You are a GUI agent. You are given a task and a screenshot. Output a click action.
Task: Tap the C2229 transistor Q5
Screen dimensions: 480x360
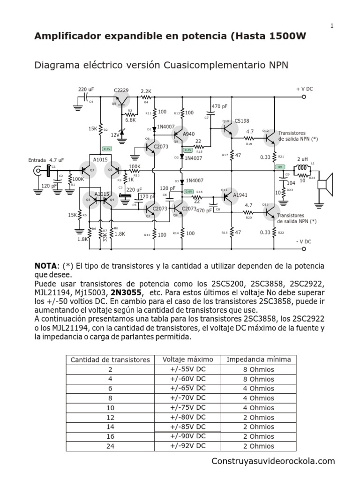pos(123,98)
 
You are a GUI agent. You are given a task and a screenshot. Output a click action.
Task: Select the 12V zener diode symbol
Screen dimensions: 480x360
pos(123,132)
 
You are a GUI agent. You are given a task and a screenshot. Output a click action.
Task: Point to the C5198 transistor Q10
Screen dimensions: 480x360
pos(229,126)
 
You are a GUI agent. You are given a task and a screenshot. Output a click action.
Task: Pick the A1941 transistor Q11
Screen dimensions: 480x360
pos(228,197)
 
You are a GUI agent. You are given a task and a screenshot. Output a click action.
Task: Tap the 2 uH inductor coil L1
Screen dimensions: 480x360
pos(303,167)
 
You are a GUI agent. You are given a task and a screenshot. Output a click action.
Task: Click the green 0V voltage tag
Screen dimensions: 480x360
pos(280,167)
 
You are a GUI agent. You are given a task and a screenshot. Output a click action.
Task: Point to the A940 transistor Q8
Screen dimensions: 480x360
pos(181,135)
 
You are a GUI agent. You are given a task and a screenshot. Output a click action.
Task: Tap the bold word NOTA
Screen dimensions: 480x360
pos(45,266)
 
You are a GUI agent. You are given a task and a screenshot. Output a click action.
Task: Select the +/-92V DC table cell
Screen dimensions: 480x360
pos(188,446)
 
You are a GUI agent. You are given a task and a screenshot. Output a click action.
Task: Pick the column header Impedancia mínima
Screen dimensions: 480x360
pos(259,360)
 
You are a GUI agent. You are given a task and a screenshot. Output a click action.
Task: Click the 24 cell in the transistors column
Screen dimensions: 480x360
pos(110,446)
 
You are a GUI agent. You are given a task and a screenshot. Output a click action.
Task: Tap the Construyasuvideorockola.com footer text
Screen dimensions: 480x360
pos(273,461)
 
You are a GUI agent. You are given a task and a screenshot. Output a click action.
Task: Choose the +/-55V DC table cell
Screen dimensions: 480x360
pos(188,369)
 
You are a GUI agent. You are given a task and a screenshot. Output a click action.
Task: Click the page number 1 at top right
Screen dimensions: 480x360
pos(332,26)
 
